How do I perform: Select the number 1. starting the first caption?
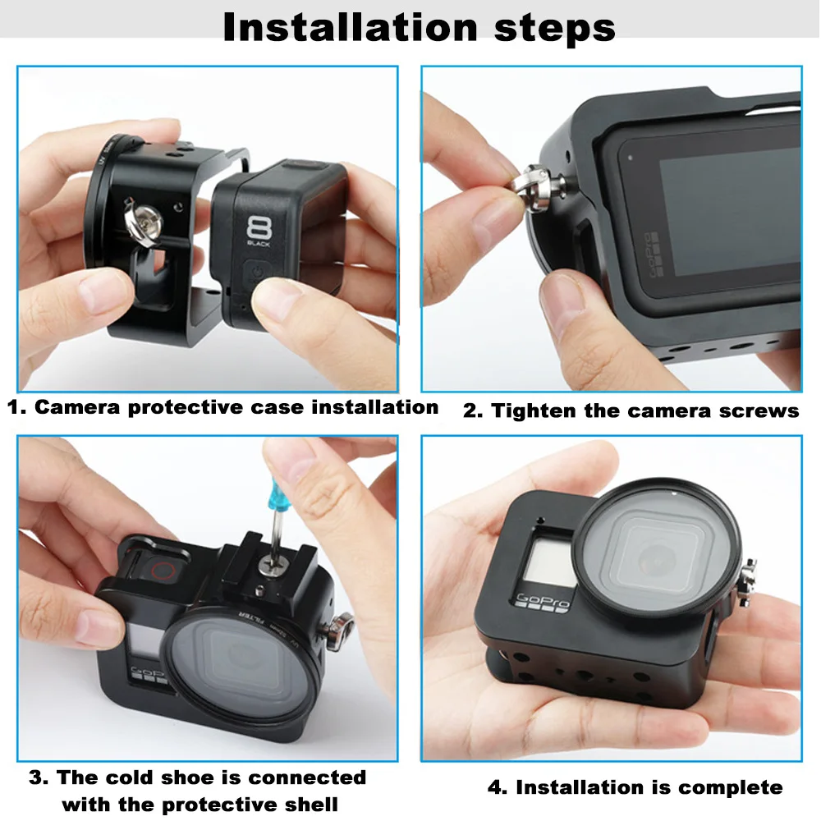(16, 407)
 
